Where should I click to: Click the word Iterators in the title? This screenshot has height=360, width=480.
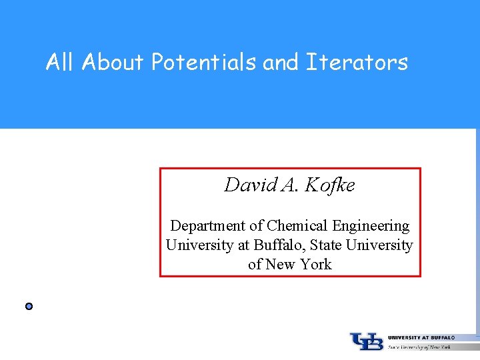[x=357, y=63]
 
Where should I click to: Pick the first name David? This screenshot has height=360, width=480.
[x=251, y=185]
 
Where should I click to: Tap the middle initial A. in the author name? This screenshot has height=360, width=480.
[x=290, y=185]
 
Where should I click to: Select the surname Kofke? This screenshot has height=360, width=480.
[x=330, y=185]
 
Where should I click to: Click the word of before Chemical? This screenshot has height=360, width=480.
[x=257, y=226]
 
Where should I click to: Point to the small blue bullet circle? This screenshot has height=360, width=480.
[x=29, y=307]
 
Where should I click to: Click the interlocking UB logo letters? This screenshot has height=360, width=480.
[x=367, y=341]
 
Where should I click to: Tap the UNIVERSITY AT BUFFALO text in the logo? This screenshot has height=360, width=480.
[x=421, y=338]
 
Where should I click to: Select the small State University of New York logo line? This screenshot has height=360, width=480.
[x=419, y=347]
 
